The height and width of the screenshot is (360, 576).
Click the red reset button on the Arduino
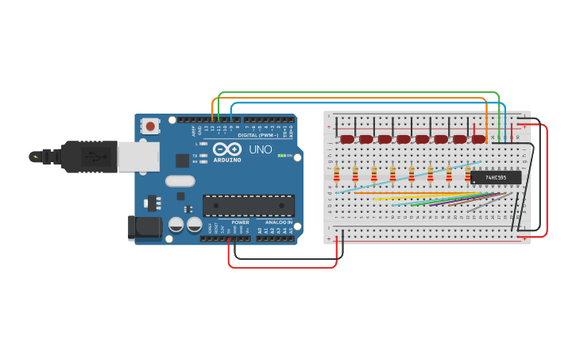pos(149,126)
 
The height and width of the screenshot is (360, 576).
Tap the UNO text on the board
pos(261,149)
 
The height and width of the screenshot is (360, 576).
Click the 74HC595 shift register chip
pos(496,177)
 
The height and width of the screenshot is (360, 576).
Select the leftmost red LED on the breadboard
pos(346,139)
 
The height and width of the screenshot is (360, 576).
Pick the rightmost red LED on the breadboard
pos(478,139)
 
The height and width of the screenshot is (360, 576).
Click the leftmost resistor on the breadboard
pos(336,173)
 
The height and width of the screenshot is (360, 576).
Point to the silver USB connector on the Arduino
pos(137,157)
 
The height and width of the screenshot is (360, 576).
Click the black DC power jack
pos(145,227)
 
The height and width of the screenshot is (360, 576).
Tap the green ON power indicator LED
pos(282,156)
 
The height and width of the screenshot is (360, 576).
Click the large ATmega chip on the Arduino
pos(248,206)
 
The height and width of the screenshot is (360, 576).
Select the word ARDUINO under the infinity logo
pos(226,160)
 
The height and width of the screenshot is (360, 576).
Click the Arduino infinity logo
pos(226,149)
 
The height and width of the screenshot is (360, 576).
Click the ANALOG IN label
pos(278,223)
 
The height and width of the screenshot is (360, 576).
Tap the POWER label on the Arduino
pos(240,223)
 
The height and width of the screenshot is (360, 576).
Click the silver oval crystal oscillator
pos(180,181)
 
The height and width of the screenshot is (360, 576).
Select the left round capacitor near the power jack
pos(176,225)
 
